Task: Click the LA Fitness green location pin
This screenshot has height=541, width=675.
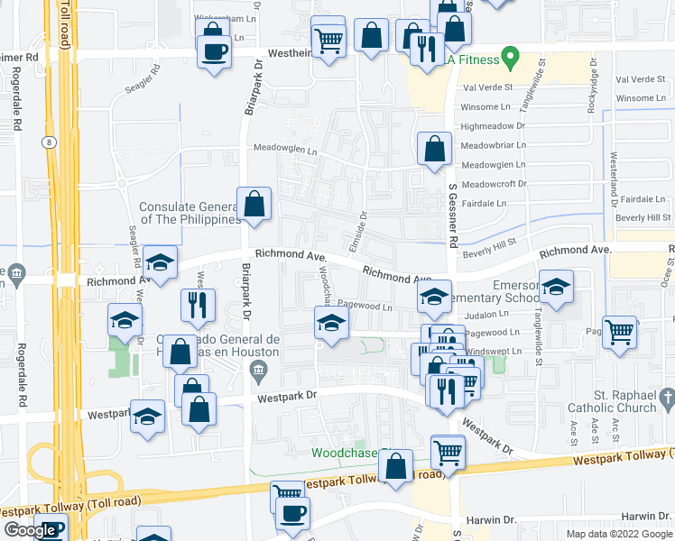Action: [510, 60]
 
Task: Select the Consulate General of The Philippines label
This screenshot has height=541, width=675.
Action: [188, 213]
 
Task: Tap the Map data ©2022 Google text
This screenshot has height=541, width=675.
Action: [618, 534]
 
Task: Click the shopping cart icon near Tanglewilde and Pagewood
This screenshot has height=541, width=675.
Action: [619, 333]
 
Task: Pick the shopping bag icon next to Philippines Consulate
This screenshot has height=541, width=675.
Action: [254, 204]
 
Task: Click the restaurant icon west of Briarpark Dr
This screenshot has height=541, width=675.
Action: [198, 306]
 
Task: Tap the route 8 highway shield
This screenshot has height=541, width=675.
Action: [46, 142]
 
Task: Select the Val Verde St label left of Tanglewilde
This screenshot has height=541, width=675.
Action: [486, 88]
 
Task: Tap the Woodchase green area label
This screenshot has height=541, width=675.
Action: [347, 453]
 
